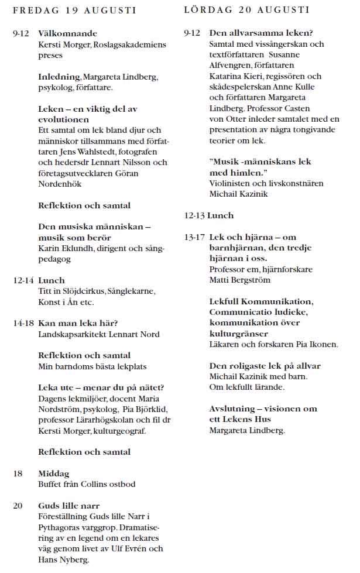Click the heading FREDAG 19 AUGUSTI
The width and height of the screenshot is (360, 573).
tap(74, 10)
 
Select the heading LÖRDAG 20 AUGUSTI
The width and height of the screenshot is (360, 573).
tap(246, 10)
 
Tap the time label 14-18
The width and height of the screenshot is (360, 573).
tap(23, 323)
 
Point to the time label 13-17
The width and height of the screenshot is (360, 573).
tap(194, 237)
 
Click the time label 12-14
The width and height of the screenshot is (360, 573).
tap(23, 280)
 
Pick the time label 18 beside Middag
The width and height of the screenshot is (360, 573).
tap(18, 474)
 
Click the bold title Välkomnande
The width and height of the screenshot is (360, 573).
tap(67, 33)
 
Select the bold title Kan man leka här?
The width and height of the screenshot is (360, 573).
tap(78, 323)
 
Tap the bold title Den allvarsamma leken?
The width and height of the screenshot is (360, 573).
tap(260, 33)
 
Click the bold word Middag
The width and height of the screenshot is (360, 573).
tap(53, 474)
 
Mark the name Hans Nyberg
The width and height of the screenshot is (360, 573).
tap(64, 559)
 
